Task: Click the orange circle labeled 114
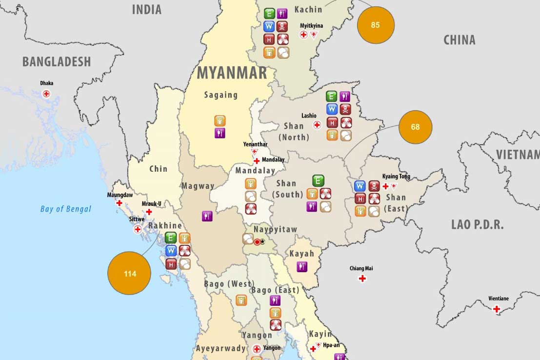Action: [130, 274]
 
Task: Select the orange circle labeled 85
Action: [375, 25]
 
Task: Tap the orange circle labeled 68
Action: [415, 127]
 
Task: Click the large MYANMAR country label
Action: [232, 73]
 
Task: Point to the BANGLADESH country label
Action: [57, 61]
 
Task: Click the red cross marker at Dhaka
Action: [46, 94]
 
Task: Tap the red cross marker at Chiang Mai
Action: [362, 279]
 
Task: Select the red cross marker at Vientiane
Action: [496, 309]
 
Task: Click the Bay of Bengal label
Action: [66, 209]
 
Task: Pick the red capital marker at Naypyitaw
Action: [257, 241]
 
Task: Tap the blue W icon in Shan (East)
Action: [360, 186]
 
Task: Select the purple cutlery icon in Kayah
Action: [302, 266]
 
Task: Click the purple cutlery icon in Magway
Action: [207, 216]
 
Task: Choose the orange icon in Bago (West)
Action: [241, 300]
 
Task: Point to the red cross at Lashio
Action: [317, 125]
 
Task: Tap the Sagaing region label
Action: [220, 95]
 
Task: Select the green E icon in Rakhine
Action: [171, 238]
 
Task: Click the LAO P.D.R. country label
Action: [477, 225]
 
